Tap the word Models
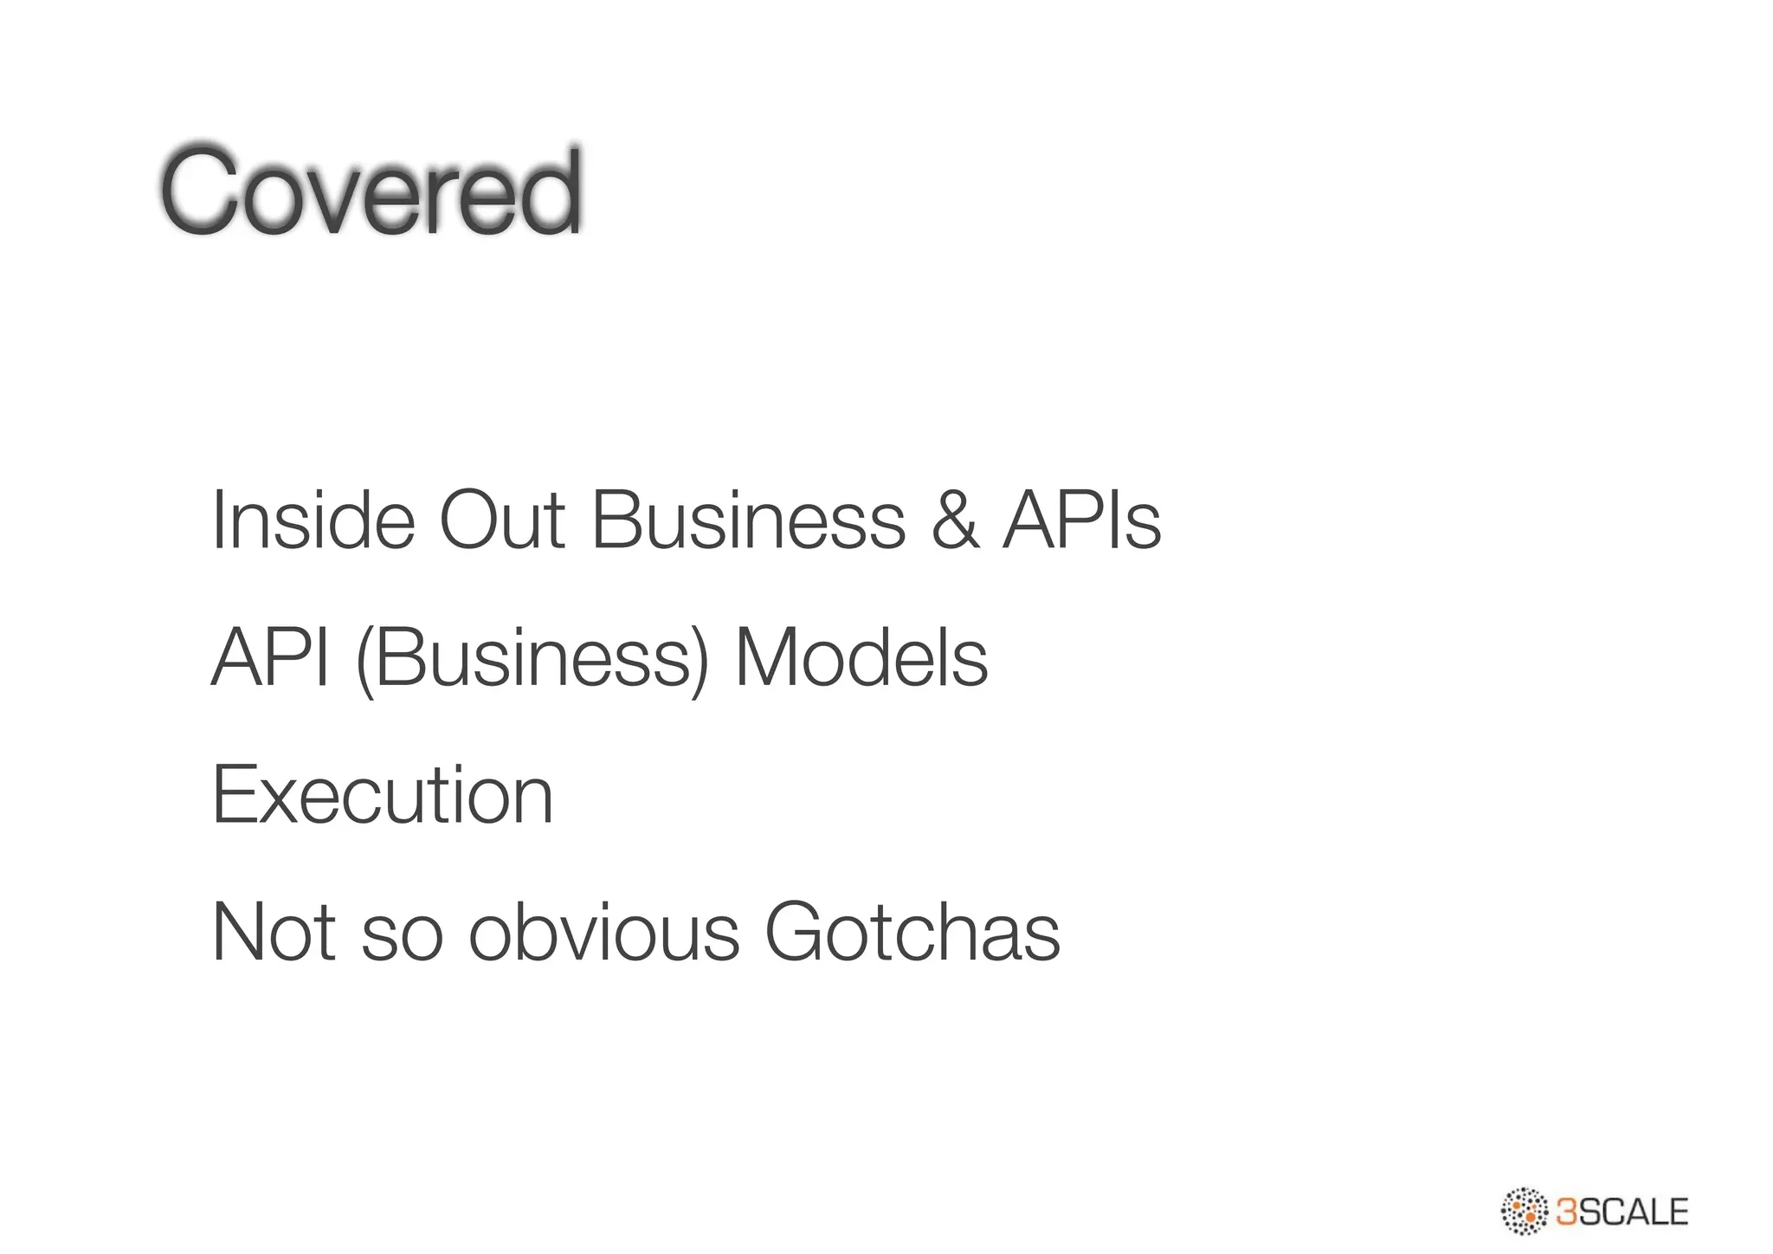(x=861, y=658)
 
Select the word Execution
(x=383, y=795)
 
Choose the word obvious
(x=604, y=933)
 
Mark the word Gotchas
(x=912, y=933)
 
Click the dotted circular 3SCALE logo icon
(x=1524, y=1211)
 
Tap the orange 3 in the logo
(x=1567, y=1212)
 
